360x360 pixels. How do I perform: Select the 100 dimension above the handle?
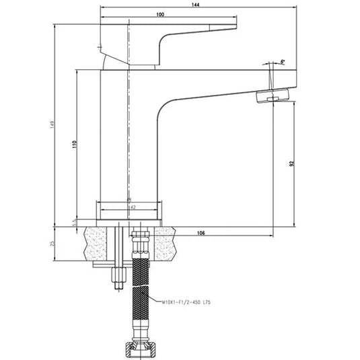pyautogui.click(x=159, y=15)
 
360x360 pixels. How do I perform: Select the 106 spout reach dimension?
pyautogui.click(x=201, y=233)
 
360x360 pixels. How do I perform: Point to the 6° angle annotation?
pyautogui.click(x=283, y=61)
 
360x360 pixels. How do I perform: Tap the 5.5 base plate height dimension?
pyautogui.click(x=73, y=223)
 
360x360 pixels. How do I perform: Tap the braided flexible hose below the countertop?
pyautogui.click(x=141, y=296)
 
